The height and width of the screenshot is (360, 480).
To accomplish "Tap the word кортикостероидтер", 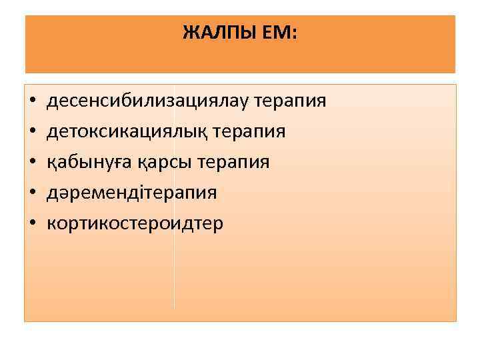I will (x=135, y=223).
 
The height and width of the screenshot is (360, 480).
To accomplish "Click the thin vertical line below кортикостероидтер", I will (x=174, y=273).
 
